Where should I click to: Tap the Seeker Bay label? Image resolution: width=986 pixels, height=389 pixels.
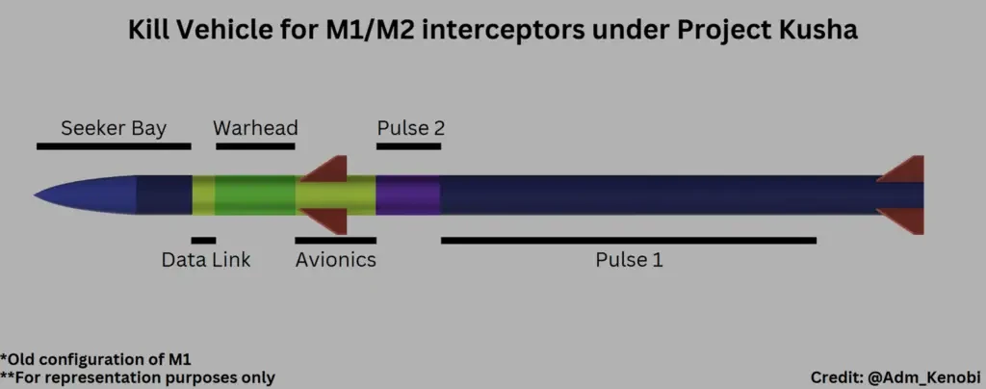point(114,128)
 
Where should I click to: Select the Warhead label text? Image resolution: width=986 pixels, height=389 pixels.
point(255,128)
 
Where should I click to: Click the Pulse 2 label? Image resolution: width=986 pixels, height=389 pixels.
point(410,128)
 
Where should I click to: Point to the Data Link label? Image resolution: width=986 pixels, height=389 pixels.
point(205,260)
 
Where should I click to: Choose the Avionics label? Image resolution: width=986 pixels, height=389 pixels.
point(335,260)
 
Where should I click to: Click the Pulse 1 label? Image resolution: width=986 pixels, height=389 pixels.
point(629,260)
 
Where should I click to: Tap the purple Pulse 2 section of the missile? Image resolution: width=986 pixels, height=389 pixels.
point(408,195)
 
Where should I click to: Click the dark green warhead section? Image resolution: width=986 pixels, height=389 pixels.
point(255,195)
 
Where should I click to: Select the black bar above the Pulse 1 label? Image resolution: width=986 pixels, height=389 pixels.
point(629,240)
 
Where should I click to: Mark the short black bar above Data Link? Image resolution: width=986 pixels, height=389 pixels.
point(203,240)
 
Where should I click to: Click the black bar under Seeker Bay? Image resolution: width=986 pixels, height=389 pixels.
point(114,146)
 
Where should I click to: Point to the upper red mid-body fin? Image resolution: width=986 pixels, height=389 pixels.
point(327,169)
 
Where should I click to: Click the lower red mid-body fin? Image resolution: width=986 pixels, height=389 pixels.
point(327,222)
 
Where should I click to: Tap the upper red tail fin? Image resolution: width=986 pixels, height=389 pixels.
point(905,169)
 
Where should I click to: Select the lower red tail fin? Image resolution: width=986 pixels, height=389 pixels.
point(905,222)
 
